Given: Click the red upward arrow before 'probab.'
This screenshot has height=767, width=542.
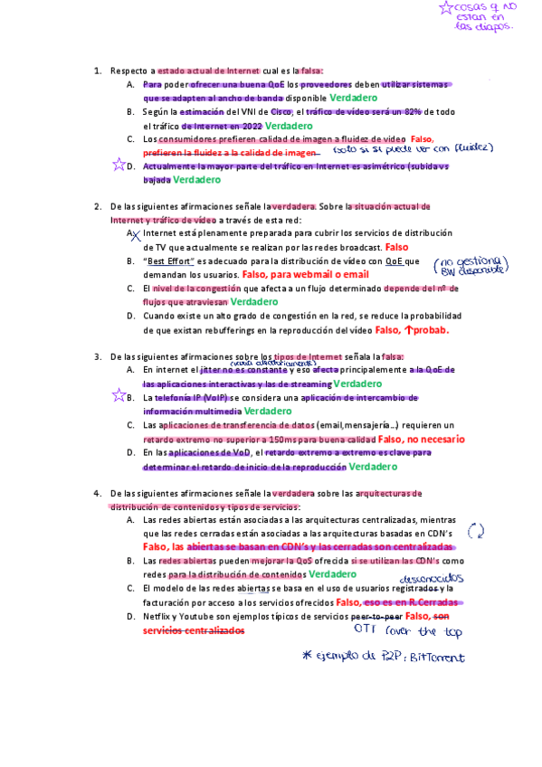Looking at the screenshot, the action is [409, 330].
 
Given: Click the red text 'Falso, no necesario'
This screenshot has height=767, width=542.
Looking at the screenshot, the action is [420, 439].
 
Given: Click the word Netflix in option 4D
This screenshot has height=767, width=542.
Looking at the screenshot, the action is [157, 616].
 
